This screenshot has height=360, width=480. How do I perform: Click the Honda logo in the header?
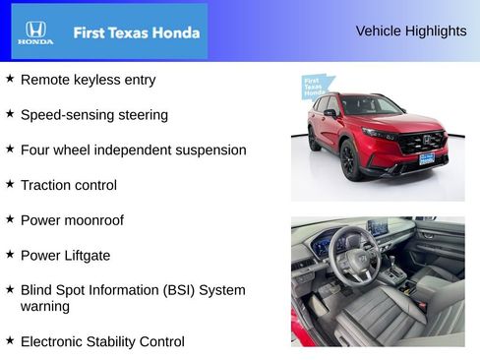point(35,32)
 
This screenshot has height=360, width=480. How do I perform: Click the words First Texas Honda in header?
point(136,32)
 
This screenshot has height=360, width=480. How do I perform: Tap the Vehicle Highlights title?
point(411,31)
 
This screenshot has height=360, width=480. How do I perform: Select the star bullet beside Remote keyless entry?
point(10,78)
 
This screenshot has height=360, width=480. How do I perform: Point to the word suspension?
point(206,150)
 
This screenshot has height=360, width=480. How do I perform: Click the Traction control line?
point(68,185)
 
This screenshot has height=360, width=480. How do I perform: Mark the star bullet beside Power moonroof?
point(10,218)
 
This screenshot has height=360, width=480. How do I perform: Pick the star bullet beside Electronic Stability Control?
point(10,340)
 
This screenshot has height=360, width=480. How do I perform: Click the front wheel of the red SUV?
point(350,160)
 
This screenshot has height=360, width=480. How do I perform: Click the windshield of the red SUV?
point(371,105)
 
